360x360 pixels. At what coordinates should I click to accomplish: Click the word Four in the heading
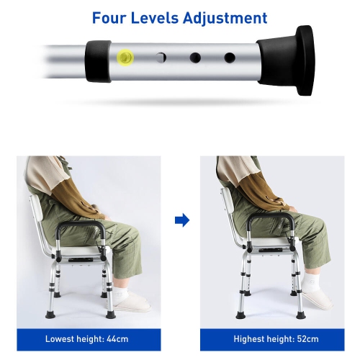point(111,18)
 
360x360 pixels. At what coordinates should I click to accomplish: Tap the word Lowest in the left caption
point(61,338)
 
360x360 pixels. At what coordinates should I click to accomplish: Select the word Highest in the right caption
point(248,338)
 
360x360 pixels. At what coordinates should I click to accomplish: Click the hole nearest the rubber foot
point(230,57)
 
